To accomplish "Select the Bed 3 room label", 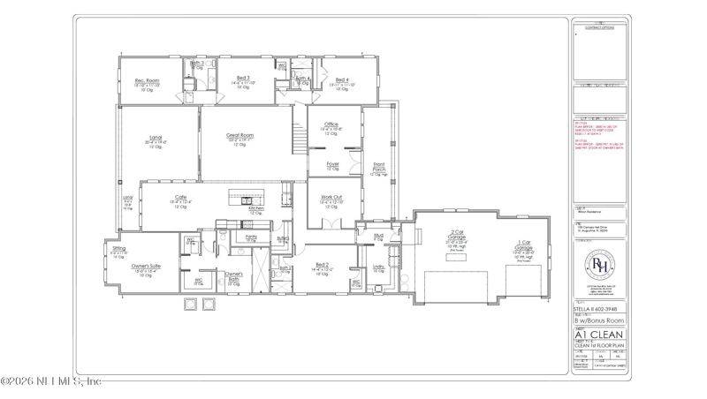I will pos(243,79).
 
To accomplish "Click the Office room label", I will pos(331,124).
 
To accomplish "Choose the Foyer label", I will pos(332,164).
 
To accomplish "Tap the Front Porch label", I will pos(378,166).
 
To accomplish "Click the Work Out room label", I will pos(331,198).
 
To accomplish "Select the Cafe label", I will pos(180,197).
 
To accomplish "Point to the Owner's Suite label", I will pos(146,266).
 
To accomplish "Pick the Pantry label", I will pos(251,237).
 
